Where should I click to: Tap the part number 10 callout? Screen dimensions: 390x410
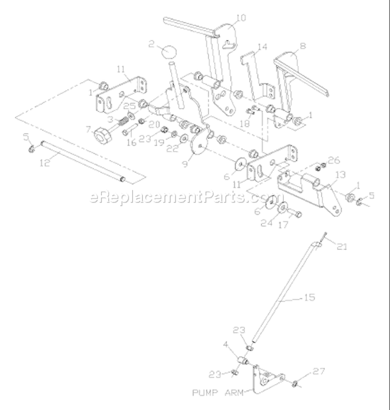pyautogui.click(x=241, y=18)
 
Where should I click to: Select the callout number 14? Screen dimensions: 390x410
pyautogui.click(x=263, y=47)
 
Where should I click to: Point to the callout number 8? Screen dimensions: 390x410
pyautogui.click(x=303, y=46)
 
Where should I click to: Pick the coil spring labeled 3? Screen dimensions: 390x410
pyautogui.click(x=122, y=122)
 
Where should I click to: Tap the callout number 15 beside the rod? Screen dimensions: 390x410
pyautogui.click(x=309, y=298)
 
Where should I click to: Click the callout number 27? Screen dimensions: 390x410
pyautogui.click(x=319, y=371)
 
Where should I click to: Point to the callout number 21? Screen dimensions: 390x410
pyautogui.click(x=342, y=247)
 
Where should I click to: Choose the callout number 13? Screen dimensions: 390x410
pyautogui.click(x=341, y=175)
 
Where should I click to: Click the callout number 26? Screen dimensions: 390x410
pyautogui.click(x=334, y=160)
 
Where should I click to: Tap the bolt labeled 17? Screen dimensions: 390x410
pyautogui.click(x=294, y=214)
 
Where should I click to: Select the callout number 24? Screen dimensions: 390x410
pyautogui.click(x=267, y=223)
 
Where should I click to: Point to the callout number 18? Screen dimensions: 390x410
pyautogui.click(x=245, y=123)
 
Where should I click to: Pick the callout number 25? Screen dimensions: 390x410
pyautogui.click(x=130, y=106)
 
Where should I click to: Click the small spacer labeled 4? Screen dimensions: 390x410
pyautogui.click(x=243, y=361)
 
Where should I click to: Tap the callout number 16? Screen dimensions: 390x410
pyautogui.click(x=132, y=142)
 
